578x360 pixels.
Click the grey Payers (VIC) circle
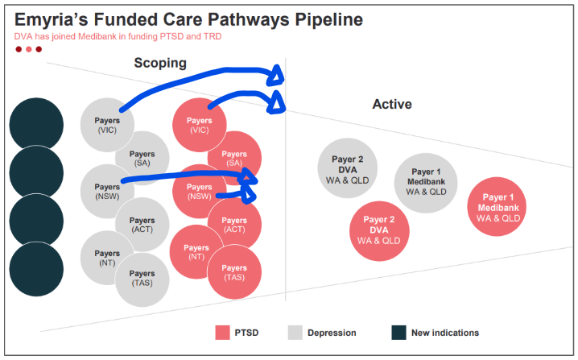pos(107,125)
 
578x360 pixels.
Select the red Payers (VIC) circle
pos(198,125)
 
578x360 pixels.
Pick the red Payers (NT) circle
pos(195,251)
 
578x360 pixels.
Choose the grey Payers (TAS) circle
pos(142,279)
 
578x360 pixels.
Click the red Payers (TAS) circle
pos(234,272)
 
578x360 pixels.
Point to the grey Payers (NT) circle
pos(107,257)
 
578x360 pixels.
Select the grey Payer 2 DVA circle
pos(347,165)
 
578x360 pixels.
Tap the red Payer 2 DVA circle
pos(378,230)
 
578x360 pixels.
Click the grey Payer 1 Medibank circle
pos(426,182)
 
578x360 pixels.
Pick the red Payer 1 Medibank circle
pos(497,207)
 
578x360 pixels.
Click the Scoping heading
pos(159,63)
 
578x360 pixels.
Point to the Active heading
pos(391,105)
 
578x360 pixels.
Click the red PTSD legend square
pos(223,332)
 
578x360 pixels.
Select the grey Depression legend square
pos(295,332)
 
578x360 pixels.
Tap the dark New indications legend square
pos(398,332)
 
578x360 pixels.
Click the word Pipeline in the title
pos(316,19)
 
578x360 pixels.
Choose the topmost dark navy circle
pos(36,123)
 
